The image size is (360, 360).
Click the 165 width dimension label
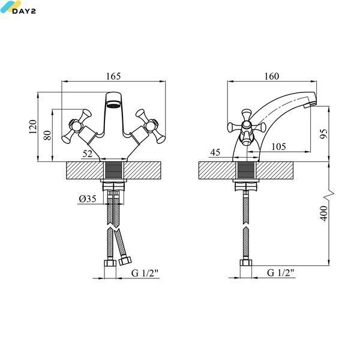click(113, 76)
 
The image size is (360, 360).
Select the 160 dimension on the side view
click(272, 76)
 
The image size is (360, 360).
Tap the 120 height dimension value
click(33, 127)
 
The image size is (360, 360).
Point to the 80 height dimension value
click(47, 135)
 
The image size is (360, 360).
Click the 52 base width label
click(88, 154)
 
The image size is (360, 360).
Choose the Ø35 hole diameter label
click(88, 199)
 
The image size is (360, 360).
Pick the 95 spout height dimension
click(324, 134)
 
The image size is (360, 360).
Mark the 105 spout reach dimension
click(278, 146)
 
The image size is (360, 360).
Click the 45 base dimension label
click(215, 152)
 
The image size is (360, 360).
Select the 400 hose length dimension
click(324, 214)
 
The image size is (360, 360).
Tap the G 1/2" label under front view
click(145, 273)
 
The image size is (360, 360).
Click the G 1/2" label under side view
click(281, 272)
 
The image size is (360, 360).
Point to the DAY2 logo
click(18, 7)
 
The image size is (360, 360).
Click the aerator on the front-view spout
click(113, 105)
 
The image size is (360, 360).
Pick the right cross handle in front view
click(151, 126)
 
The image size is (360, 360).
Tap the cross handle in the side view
click(247, 127)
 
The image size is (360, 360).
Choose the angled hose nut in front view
click(125, 260)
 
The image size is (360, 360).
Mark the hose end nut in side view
click(246, 263)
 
